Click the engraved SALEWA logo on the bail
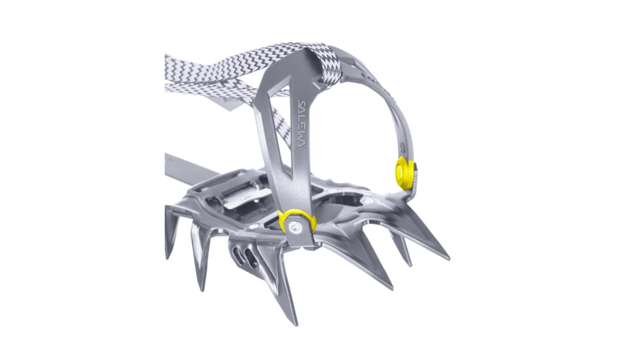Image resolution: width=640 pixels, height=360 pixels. tap(306, 123)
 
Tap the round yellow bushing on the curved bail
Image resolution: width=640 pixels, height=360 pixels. tap(404, 173)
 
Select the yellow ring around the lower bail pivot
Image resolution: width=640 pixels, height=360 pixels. tap(296, 222)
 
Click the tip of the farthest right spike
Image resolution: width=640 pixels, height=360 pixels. tap(448, 258)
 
